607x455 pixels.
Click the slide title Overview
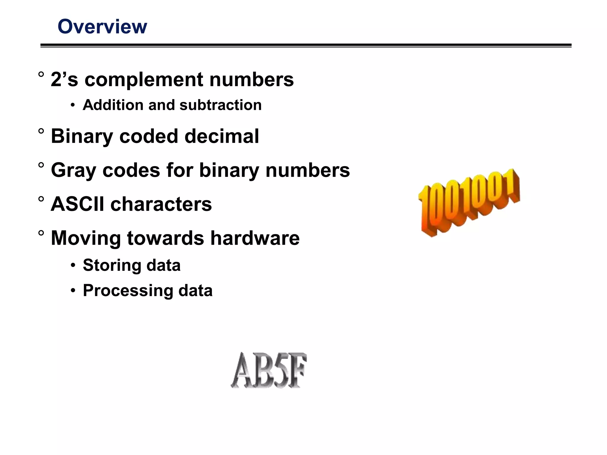[x=102, y=27]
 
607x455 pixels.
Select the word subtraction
[x=221, y=105]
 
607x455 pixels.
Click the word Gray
[x=74, y=171]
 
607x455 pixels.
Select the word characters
[x=161, y=204]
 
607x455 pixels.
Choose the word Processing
[x=128, y=291]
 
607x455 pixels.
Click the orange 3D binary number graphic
[x=469, y=203]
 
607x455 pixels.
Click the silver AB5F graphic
[x=269, y=370]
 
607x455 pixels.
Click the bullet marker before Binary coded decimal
[x=41, y=131]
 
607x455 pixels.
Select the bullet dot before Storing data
[x=73, y=266]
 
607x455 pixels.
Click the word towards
[x=165, y=238]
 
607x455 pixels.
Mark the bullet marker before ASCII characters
[x=41, y=199]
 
